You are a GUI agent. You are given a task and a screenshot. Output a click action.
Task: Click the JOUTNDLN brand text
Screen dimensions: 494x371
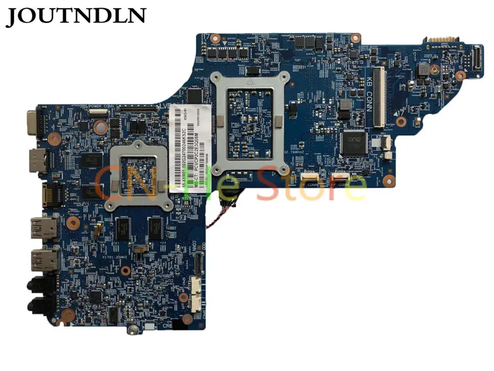pyautogui.click(x=76, y=16)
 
